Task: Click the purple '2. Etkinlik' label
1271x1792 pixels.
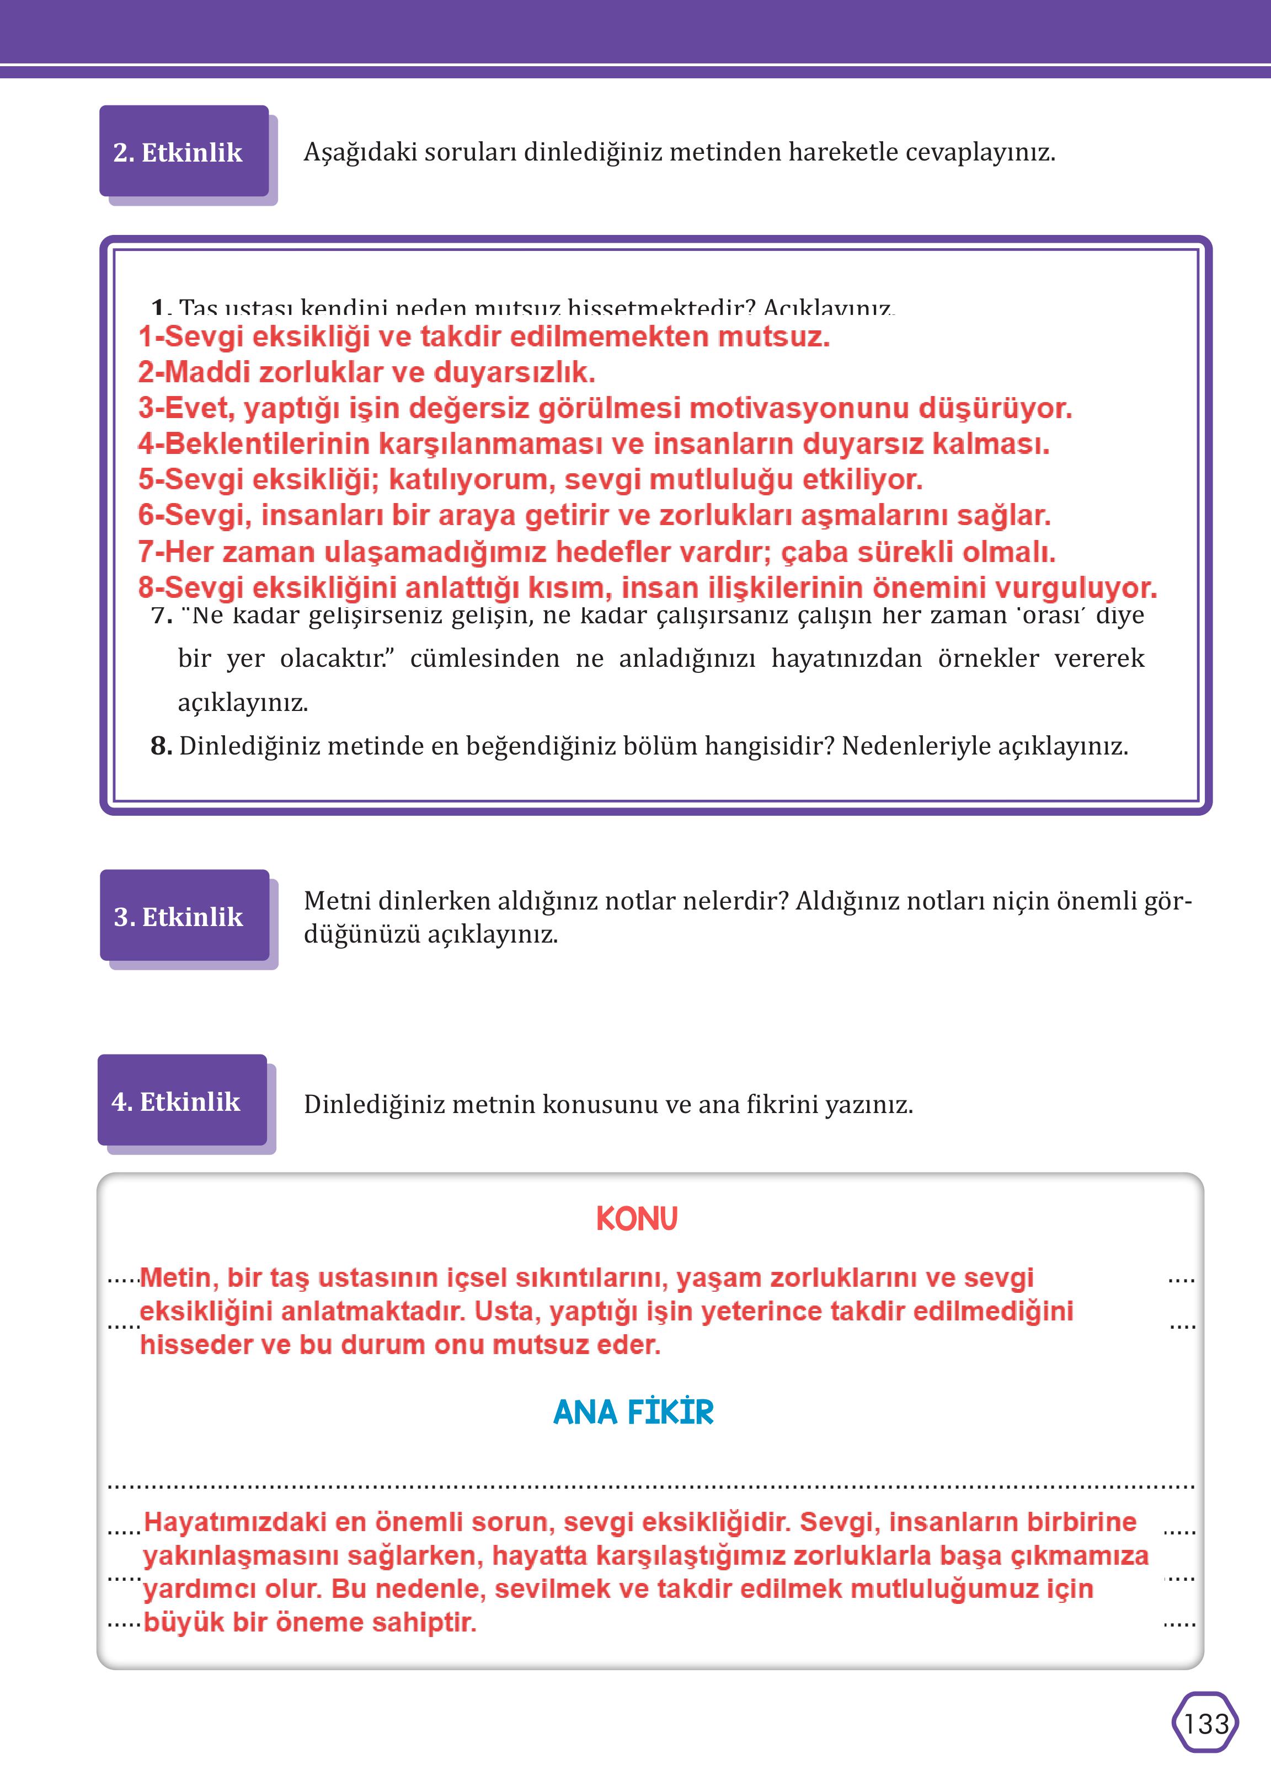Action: pos(178,152)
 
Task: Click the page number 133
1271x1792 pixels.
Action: pos(1206,1724)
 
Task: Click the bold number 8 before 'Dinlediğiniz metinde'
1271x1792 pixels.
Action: pos(161,746)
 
